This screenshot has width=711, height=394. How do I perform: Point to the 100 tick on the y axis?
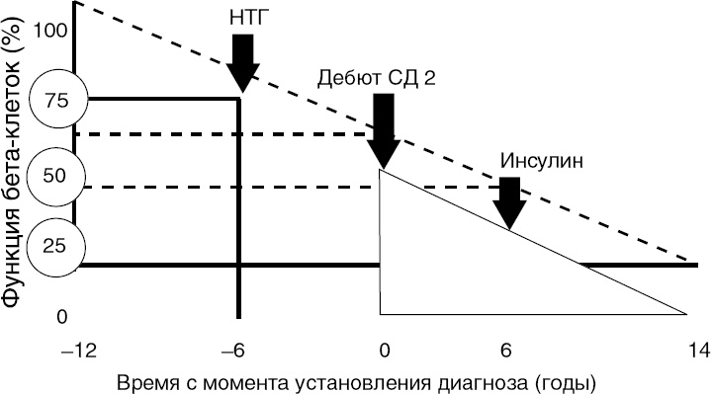pos(51,30)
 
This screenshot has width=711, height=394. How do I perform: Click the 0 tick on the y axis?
pos(60,317)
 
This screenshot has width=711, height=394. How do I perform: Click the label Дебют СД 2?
pos(378,77)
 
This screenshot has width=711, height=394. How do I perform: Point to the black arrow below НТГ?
pos(242,64)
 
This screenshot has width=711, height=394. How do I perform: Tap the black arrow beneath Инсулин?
pos(510,204)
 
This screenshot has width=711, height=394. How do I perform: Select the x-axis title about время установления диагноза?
pos(358,380)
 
